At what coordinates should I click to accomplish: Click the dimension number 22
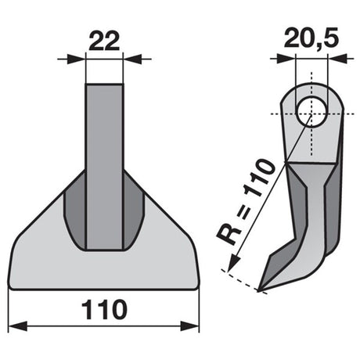[x=104, y=41]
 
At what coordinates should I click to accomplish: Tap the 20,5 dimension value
[x=311, y=38]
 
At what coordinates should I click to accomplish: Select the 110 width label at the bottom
[x=104, y=310]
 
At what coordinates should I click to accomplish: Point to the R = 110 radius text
[x=246, y=202]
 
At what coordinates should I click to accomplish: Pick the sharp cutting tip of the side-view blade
[x=258, y=291]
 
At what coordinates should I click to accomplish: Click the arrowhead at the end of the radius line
[x=233, y=264]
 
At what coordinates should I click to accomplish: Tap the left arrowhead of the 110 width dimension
[x=18, y=326]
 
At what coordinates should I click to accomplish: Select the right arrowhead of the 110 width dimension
[x=189, y=326]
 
